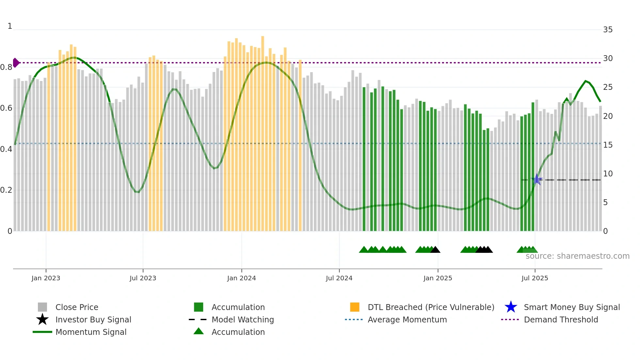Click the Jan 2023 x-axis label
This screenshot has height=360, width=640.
coord(46,278)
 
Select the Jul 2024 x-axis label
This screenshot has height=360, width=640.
coord(339,278)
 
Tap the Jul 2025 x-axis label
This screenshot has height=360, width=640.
coord(535,278)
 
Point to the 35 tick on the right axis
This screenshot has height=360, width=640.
coord(608,30)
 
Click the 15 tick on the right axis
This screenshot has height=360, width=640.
coord(608,145)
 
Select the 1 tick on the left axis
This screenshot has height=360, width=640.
coord(10,26)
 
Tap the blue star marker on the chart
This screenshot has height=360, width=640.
coord(536,179)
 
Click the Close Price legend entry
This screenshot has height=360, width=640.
coord(77,307)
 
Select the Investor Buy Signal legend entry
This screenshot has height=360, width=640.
coord(93,319)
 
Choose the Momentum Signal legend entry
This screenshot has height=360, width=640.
coord(91,332)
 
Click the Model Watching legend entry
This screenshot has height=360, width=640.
coord(243,319)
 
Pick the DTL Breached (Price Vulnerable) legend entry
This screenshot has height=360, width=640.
coord(431,307)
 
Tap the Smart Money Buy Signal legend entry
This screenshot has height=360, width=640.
coord(571,307)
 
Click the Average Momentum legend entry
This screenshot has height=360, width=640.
coord(407,319)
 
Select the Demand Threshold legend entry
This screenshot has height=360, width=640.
coord(561,319)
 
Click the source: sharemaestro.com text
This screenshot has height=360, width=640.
coord(577,256)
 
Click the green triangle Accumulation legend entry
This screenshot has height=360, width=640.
coord(238,332)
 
